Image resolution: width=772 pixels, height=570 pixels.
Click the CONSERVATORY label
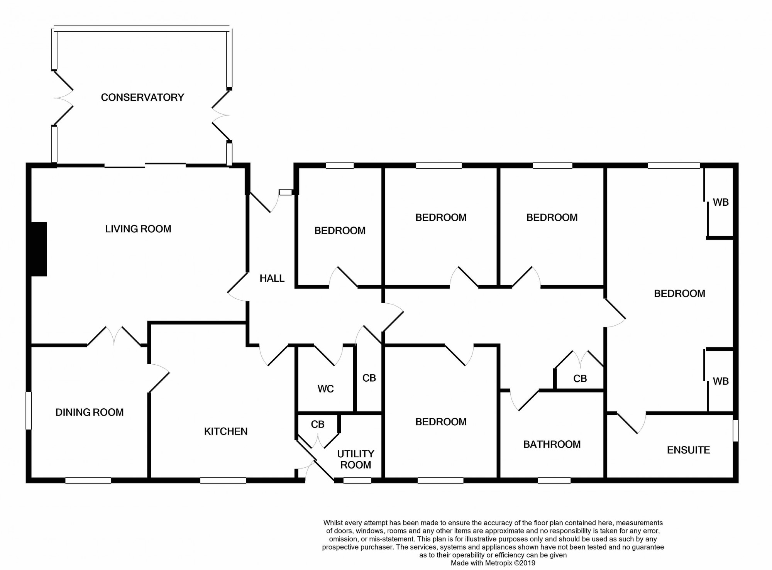(142, 97)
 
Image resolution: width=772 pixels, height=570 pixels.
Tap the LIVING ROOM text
(138, 229)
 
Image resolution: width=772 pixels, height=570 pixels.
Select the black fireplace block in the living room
(39, 249)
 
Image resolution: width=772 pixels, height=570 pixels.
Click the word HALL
(272, 278)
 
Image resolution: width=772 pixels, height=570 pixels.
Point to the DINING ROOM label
(90, 412)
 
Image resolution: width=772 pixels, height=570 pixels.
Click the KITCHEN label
(226, 431)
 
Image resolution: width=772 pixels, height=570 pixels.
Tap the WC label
(325, 389)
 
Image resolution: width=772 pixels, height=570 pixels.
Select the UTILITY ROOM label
(356, 459)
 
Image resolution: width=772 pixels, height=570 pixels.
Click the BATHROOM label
(552, 444)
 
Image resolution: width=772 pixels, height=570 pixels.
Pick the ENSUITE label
(688, 450)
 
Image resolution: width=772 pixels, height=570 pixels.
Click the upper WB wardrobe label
(721, 202)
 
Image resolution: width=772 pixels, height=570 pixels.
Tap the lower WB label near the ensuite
(721, 381)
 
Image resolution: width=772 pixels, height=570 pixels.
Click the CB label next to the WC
(369, 378)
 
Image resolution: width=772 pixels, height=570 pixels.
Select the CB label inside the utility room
(318, 425)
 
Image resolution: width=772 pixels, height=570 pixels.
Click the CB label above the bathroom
(580, 379)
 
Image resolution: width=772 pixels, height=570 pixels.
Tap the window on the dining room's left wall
(29, 410)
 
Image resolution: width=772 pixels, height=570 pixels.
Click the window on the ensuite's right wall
(736, 431)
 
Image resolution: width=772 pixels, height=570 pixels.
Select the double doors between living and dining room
(114, 337)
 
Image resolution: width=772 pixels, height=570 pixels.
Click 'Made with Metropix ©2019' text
(493, 563)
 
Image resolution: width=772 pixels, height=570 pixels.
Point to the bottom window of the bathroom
(554, 480)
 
